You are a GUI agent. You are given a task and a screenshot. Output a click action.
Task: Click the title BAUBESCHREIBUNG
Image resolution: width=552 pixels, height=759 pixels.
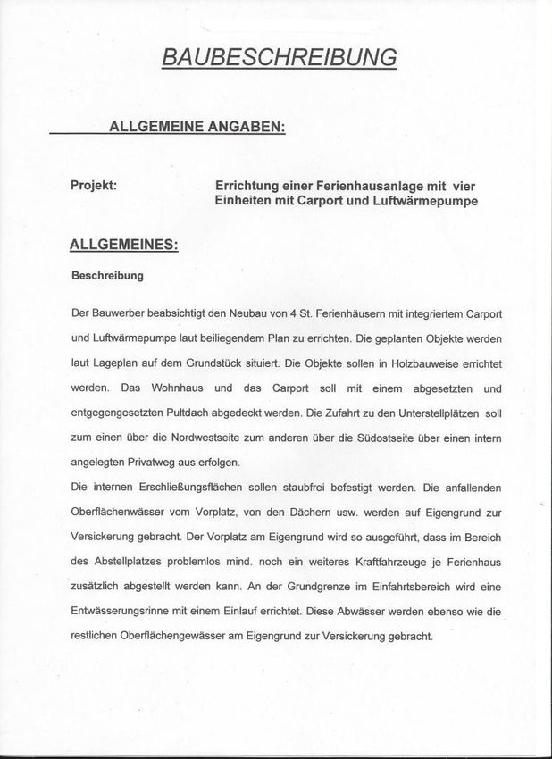coord(279,57)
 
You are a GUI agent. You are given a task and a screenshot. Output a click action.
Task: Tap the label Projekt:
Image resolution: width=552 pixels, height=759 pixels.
coord(94,185)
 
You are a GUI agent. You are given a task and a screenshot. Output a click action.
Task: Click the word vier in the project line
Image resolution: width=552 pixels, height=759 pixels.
coord(463,185)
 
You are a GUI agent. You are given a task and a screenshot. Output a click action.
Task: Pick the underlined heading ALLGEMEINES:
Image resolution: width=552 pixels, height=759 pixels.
coord(123,244)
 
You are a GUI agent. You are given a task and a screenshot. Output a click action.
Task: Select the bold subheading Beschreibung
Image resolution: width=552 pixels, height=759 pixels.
coord(107,276)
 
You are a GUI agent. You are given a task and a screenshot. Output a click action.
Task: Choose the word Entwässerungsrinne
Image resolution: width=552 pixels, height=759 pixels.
coord(124,612)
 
